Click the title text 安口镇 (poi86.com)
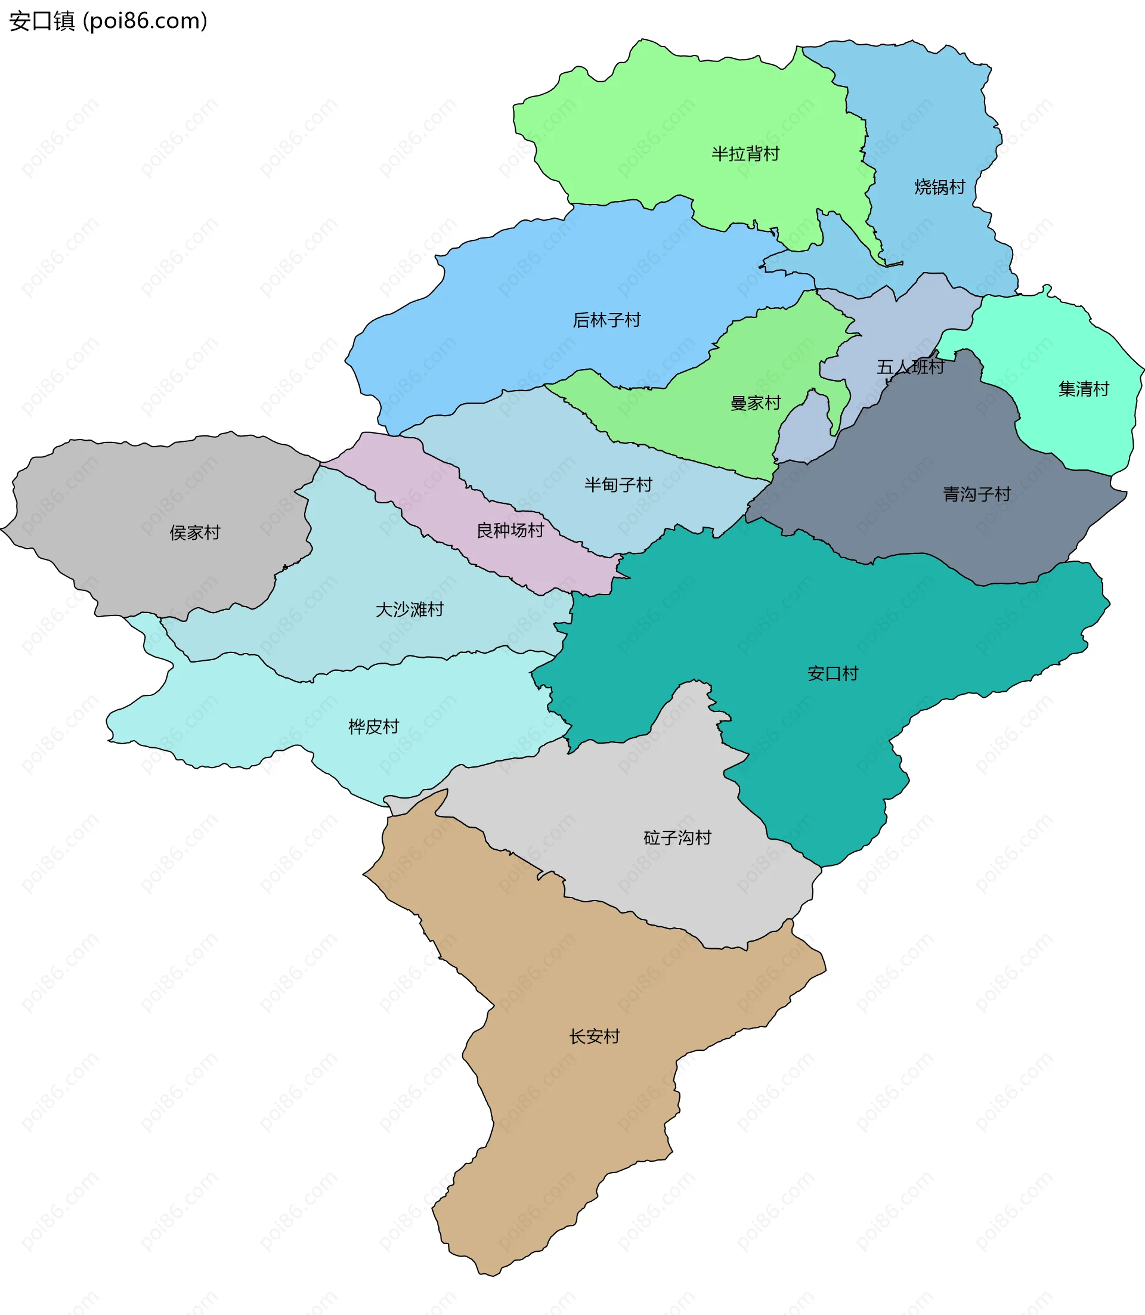point(108,21)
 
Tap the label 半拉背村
point(745,154)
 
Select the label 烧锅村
point(939,187)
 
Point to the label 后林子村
point(606,320)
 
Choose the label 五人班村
point(910,367)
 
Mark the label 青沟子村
point(976,494)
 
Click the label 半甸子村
point(618,485)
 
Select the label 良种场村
point(510,530)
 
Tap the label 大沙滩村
point(409,609)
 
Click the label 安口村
point(832,673)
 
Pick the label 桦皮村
point(373,726)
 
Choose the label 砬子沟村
point(677,838)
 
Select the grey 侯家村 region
point(128,499)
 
